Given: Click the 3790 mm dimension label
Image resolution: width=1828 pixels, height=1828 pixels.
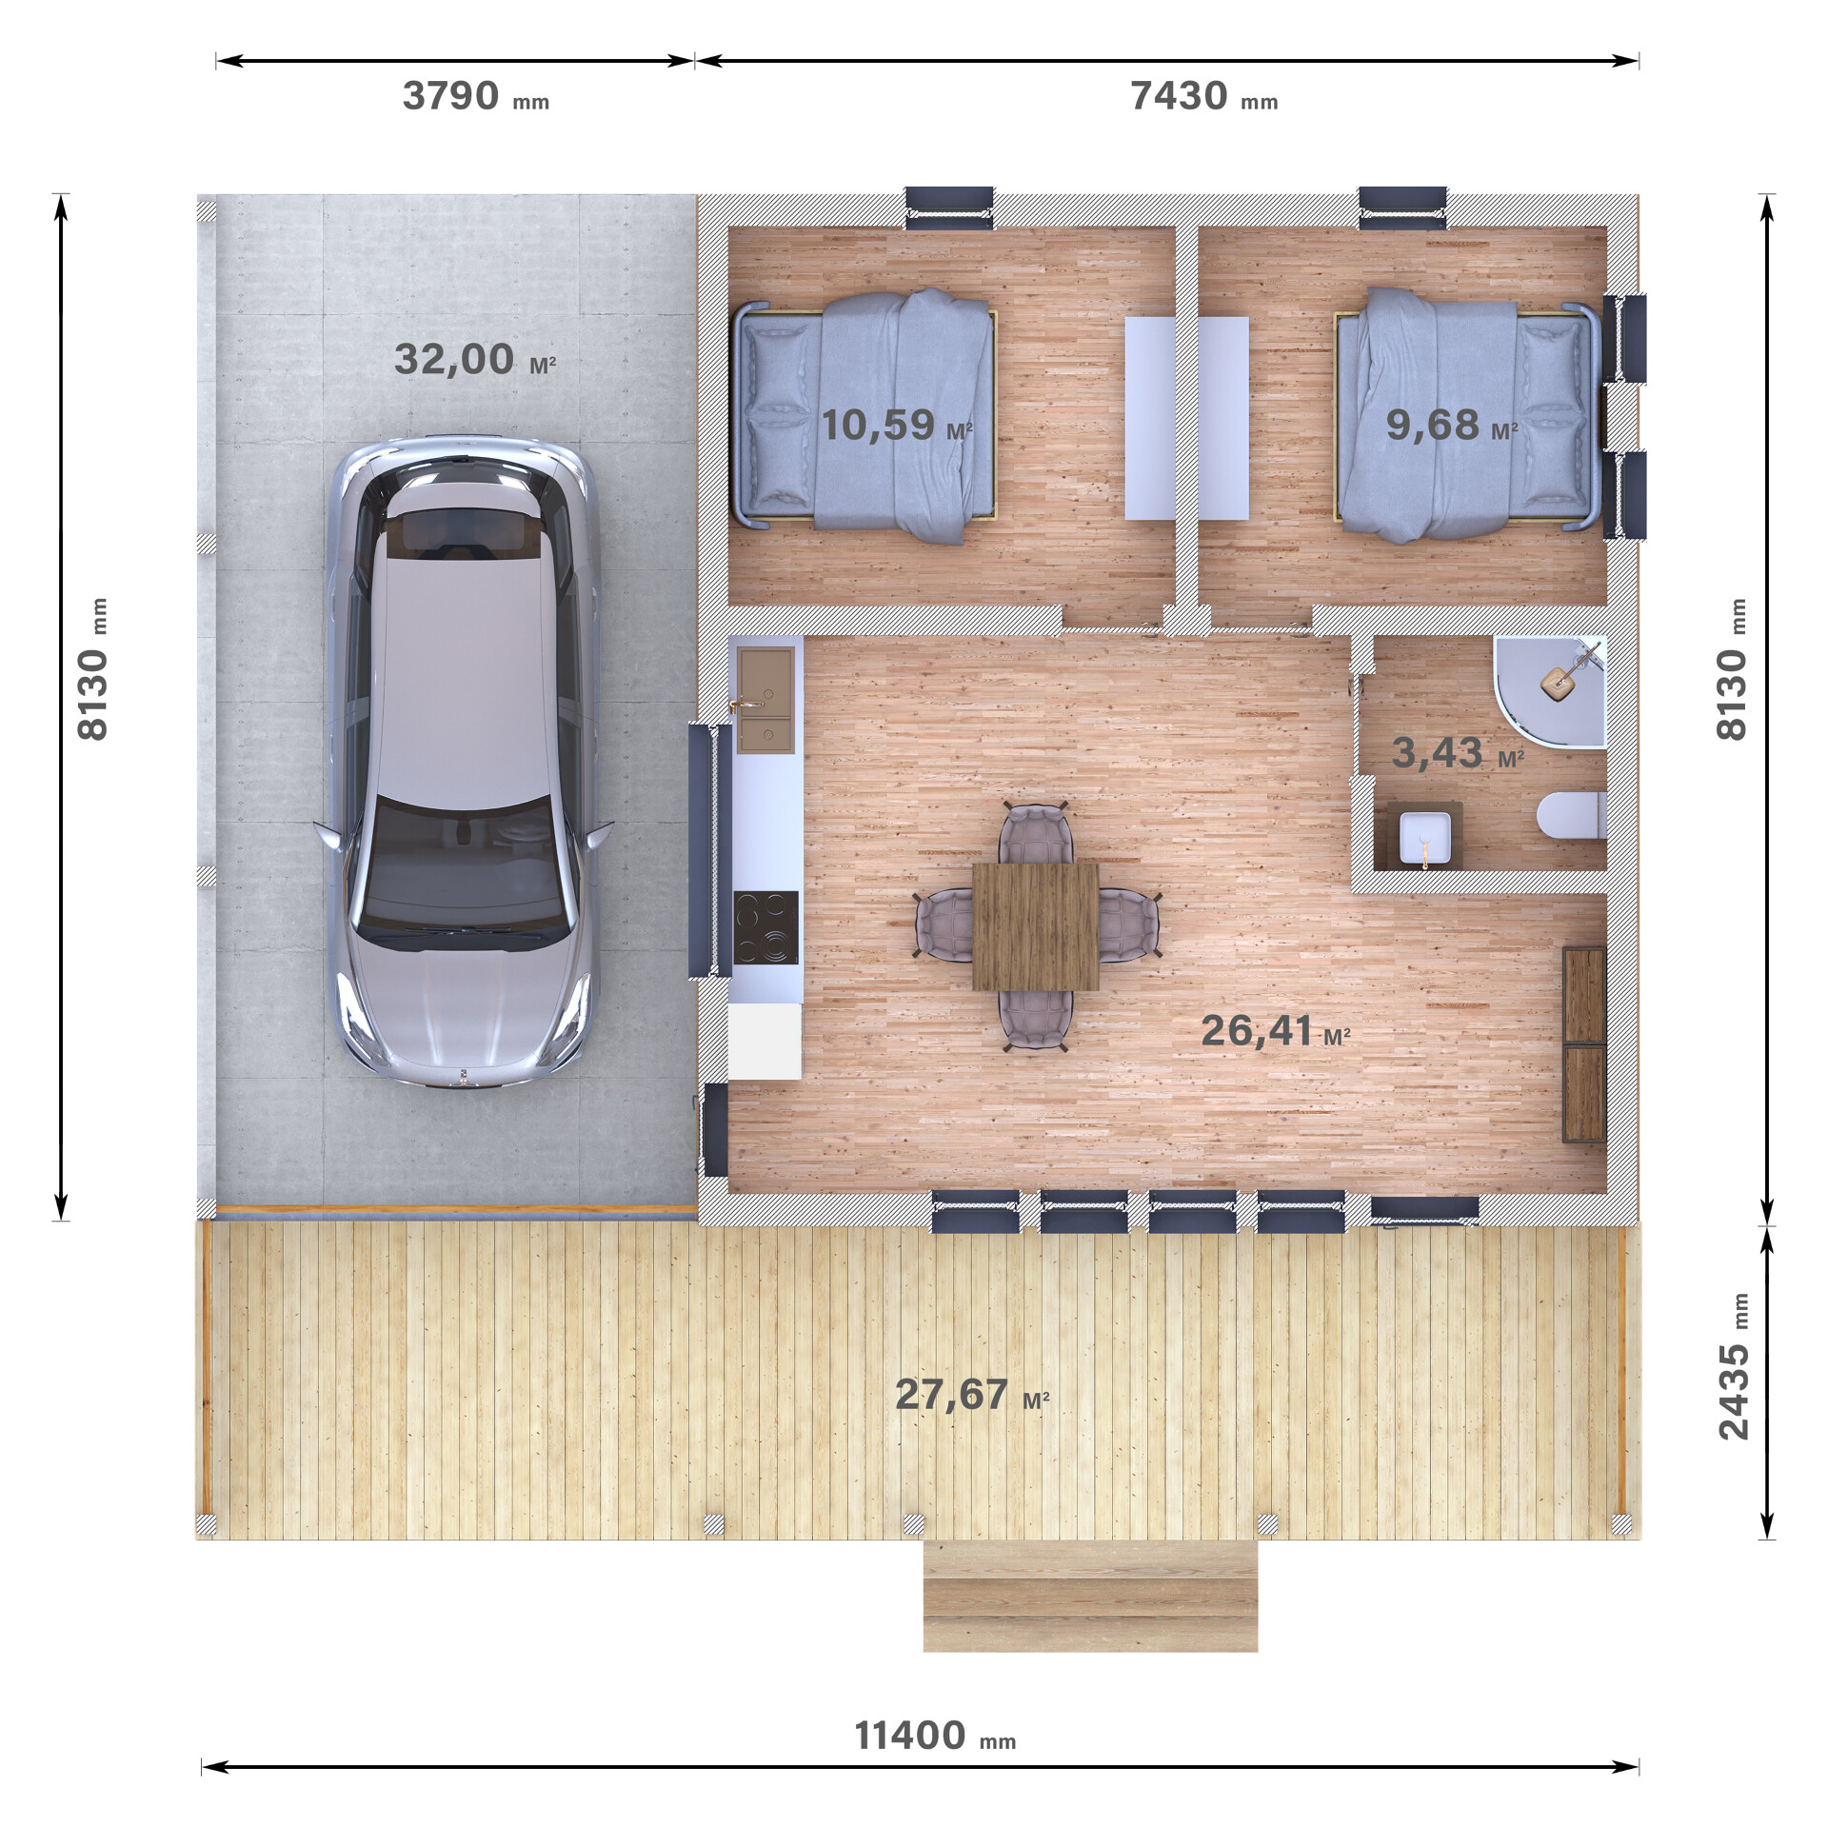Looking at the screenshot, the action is point(475,96).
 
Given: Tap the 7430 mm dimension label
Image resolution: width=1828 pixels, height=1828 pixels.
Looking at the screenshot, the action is point(1203,96).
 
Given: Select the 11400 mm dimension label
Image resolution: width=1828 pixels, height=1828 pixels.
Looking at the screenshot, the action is point(935,1736).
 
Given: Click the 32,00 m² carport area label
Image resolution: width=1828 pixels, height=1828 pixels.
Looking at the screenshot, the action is point(474,360).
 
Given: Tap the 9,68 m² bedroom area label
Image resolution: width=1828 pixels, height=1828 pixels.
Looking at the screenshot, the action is point(1452,425).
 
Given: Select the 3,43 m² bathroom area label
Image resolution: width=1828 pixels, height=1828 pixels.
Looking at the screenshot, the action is point(1458,753).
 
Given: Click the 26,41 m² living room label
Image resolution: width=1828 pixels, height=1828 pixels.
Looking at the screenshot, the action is point(1276,1030).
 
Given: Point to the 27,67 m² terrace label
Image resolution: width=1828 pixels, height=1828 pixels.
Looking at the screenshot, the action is point(972,1395).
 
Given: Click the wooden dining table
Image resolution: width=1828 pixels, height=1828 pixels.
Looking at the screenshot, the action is point(1036,926).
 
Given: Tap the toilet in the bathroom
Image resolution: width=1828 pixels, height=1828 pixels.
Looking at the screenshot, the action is point(1572,816).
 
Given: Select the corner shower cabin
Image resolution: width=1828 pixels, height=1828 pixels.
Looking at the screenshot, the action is point(1550,691).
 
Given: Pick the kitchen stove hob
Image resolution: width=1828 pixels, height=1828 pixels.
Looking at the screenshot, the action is point(765,927).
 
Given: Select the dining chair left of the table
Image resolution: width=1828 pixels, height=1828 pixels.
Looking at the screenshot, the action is point(944,924).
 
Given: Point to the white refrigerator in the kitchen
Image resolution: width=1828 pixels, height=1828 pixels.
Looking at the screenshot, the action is point(765,1041).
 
